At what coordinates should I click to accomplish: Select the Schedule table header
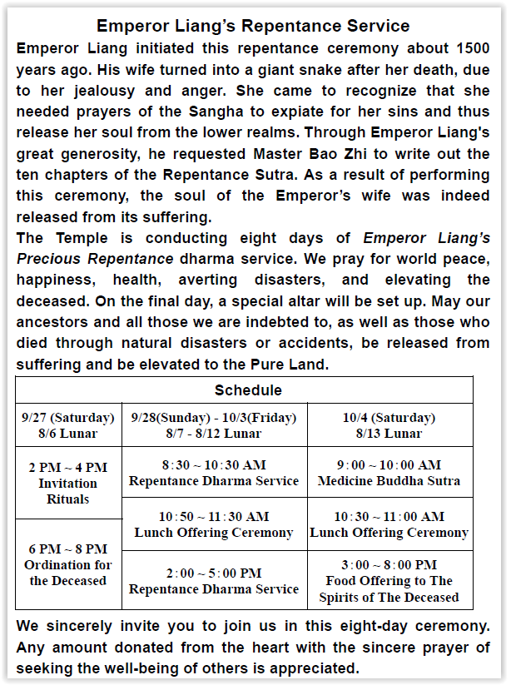[x=248, y=390]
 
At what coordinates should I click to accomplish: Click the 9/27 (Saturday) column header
[x=68, y=425]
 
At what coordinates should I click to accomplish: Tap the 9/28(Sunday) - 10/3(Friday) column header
[x=214, y=425]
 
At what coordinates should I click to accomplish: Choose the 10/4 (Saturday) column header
[x=389, y=425]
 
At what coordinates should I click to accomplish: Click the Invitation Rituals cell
[x=68, y=484]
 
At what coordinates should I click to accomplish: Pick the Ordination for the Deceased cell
[x=68, y=564]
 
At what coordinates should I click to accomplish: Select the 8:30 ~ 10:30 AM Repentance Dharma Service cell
[x=214, y=473]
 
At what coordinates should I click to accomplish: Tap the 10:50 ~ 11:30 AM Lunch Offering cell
[x=214, y=524]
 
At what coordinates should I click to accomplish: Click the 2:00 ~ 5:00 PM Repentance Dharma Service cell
[x=214, y=580]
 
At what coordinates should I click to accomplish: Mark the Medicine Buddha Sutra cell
[x=389, y=473]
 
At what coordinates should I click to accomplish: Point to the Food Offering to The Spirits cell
[x=389, y=580]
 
